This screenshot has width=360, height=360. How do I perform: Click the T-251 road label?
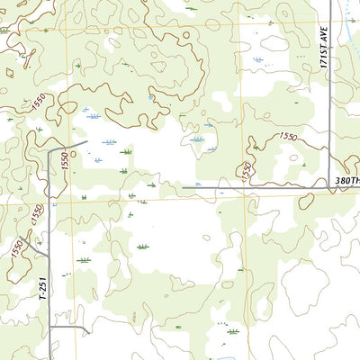pyautogui.click(x=41, y=289)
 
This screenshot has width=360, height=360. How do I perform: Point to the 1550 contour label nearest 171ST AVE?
pyautogui.click(x=288, y=137)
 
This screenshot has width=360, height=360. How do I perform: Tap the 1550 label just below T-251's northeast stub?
pyautogui.click(x=65, y=162)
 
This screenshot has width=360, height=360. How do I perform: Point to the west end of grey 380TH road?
pyautogui.click(x=184, y=188)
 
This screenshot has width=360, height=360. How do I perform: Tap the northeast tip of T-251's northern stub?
pyautogui.click(x=85, y=141)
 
